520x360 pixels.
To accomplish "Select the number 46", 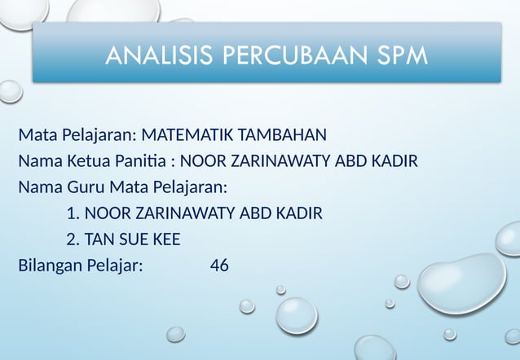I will point(219,265).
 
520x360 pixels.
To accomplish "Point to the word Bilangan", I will point(50,265).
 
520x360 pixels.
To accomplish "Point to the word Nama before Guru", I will point(37,187).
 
